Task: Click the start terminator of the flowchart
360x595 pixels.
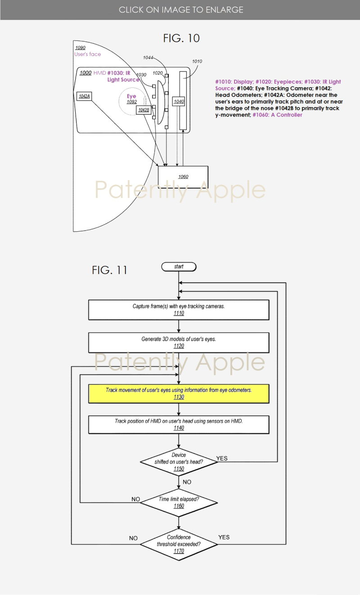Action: tap(179, 267)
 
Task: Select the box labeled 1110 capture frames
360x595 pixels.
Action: tap(179, 310)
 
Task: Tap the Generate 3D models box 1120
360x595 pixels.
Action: tap(179, 343)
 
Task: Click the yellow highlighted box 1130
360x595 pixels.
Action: tap(179, 394)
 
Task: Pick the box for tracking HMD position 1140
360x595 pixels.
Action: tap(179, 424)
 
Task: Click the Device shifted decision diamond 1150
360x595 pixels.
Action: tap(179, 462)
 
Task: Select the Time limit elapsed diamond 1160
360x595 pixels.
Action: tap(179, 502)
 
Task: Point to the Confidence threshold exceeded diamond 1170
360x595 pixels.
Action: tap(179, 544)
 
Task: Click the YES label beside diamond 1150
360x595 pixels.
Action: tap(222, 459)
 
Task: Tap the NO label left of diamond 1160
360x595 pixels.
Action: tap(135, 499)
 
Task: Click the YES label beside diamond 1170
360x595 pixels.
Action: tap(224, 537)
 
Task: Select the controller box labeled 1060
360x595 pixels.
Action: tap(183, 177)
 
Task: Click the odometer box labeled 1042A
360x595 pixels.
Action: tap(84, 96)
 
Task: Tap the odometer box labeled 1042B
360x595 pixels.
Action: tap(144, 110)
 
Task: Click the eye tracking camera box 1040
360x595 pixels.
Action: tap(179, 102)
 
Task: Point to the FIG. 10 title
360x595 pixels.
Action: tap(181, 38)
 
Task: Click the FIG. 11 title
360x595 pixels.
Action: tap(109, 270)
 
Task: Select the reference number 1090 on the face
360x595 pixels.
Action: tap(80, 48)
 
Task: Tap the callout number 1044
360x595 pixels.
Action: tap(148, 58)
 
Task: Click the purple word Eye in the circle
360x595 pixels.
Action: tap(131, 96)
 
